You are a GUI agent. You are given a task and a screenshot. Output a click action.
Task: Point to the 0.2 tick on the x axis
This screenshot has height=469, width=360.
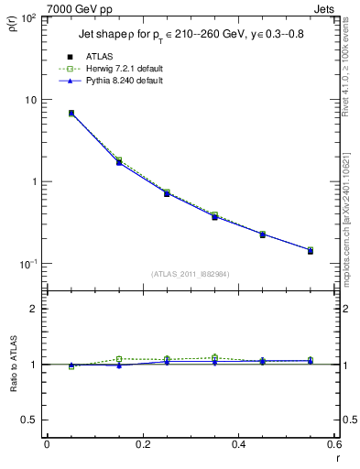click(142, 446)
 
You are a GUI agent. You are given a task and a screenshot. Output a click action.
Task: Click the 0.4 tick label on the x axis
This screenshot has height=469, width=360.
click(238, 446)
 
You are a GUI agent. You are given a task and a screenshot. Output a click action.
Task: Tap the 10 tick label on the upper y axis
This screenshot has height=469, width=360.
click(30, 100)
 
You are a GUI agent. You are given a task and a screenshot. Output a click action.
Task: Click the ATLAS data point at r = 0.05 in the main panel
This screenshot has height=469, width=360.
click(71, 114)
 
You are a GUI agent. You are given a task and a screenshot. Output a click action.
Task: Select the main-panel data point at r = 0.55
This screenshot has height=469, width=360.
click(310, 250)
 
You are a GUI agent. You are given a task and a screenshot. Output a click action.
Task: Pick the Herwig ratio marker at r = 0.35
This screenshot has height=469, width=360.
click(214, 357)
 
